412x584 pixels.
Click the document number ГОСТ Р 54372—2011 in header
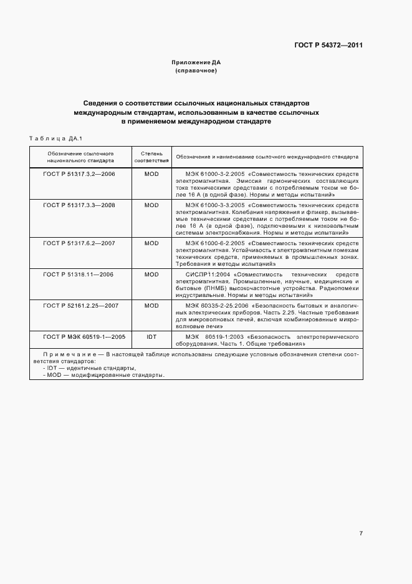click(329, 45)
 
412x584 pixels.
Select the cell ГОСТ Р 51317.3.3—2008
click(79, 205)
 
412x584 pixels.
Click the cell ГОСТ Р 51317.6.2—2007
click(79, 242)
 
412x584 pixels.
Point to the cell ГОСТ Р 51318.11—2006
click(79, 275)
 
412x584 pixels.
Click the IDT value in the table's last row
click(151, 336)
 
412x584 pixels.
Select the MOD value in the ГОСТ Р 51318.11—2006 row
click(151, 275)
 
